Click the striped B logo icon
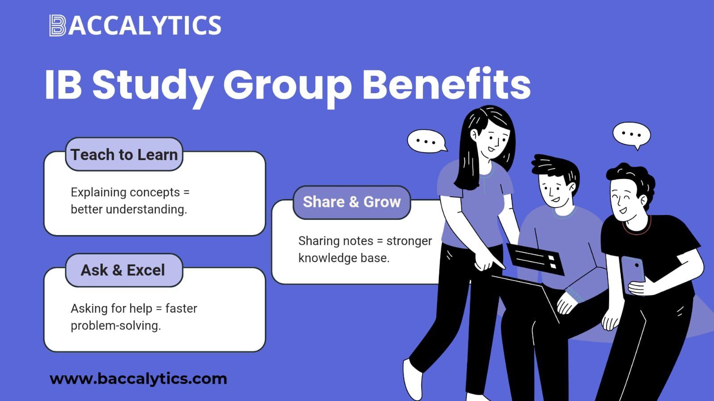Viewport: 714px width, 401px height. (57, 25)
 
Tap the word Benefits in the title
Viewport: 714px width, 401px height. (447, 83)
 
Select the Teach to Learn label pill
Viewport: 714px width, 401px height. (124, 154)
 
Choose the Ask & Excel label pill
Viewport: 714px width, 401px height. (124, 270)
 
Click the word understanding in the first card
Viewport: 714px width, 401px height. (146, 210)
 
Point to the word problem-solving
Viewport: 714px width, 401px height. (116, 326)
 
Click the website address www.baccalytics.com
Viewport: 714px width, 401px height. (138, 379)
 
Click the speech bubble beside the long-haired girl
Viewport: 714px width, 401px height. (427, 141)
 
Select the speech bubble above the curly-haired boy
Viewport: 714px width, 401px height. (632, 135)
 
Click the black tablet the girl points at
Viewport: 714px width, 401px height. (535, 259)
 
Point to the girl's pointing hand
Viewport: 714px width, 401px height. (488, 263)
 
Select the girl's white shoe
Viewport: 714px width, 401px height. (413, 379)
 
